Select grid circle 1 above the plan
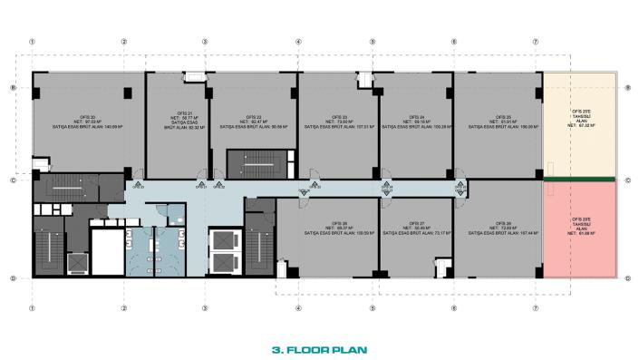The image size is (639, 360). [x=33, y=42]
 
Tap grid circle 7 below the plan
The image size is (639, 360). [x=536, y=307]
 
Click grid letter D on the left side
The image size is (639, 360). [x=12, y=277]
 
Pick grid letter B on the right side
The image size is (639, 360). [x=627, y=88]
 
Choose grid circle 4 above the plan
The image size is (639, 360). [x=297, y=42]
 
